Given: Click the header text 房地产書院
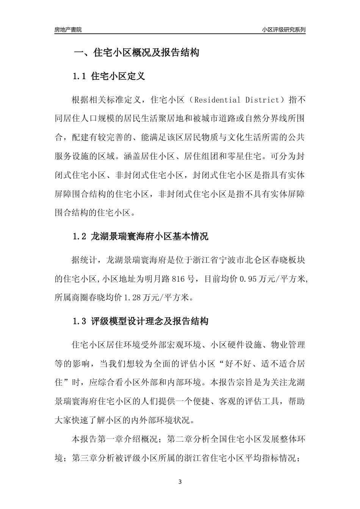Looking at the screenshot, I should (x=68, y=30).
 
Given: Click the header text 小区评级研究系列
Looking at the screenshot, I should (x=283, y=30).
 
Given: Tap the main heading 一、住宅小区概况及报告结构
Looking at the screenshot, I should (x=136, y=53).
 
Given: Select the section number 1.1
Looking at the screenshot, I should (x=80, y=77).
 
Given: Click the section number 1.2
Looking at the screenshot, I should (x=80, y=237).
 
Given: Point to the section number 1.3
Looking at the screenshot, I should (x=80, y=322).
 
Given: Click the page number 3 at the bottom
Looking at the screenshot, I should (x=180, y=482).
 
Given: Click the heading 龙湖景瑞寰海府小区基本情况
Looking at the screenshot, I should (x=150, y=237).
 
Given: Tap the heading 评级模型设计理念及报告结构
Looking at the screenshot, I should (x=150, y=322).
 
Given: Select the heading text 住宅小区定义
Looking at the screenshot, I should (x=118, y=77).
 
